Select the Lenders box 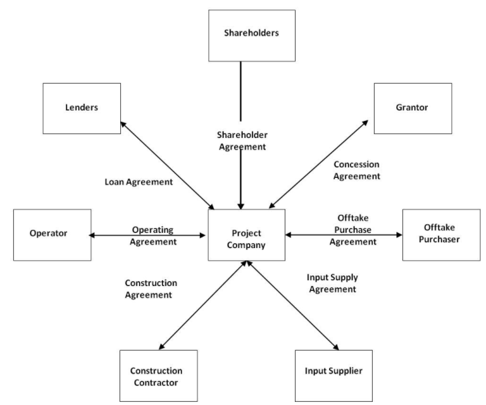coord(81,107)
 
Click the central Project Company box coord(246,235)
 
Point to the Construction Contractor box coord(156,376)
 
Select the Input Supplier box coord(333,371)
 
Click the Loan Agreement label coord(139,182)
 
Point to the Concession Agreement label coord(357,170)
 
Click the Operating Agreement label coord(153,235)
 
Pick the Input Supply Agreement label coord(332,283)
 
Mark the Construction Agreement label coord(151,289)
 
